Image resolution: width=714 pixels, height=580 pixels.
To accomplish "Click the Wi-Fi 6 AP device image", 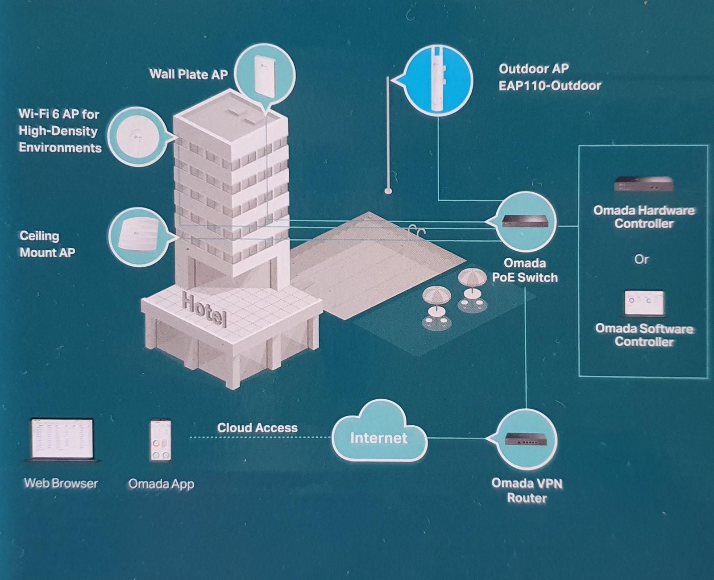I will pos(138,136).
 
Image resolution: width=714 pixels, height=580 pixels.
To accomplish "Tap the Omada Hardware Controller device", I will pos(643,184).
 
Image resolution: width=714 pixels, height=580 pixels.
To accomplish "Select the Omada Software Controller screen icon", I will pos(643,302).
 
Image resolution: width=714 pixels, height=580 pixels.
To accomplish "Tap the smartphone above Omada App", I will pos(160,440).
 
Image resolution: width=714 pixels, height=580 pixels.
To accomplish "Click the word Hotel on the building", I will pos(204,309).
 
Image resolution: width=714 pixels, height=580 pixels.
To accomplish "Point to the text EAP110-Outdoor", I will pos(550,85).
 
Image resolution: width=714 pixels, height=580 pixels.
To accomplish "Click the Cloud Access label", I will pos(257,427).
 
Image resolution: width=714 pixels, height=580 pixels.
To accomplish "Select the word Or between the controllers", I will pos(641,259).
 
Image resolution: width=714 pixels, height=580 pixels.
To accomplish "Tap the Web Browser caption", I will pos(61,483).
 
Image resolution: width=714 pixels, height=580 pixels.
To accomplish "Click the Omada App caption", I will pos(161,484).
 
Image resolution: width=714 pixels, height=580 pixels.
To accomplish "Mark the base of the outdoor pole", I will pos(388,191).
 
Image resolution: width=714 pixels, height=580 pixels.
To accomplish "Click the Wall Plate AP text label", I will pos(188,74).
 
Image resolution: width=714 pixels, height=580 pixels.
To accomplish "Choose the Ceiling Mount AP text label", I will pos(47,244).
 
